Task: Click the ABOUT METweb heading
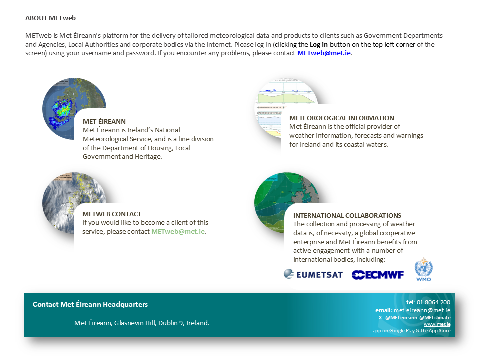[50, 18]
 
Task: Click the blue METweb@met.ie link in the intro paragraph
[324, 53]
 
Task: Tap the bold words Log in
[318, 44]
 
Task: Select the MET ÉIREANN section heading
[104, 122]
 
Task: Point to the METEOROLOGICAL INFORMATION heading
[342, 118]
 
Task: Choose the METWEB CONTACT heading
[112, 214]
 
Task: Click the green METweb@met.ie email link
[178, 231]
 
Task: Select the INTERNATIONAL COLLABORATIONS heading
[347, 216]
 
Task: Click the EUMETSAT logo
[313, 274]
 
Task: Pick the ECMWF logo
[378, 275]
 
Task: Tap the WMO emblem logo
[424, 269]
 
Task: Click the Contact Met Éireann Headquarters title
[90, 304]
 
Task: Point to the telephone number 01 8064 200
[433, 302]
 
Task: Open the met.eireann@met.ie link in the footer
[422, 310]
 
